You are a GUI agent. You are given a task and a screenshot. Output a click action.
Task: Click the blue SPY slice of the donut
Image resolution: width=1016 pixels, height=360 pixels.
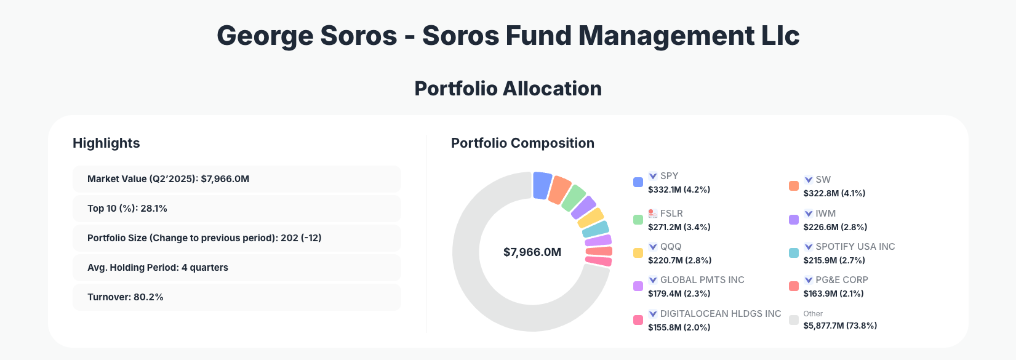(x=542, y=185)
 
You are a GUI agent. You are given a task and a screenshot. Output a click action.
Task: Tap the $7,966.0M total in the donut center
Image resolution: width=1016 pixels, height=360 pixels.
(x=532, y=252)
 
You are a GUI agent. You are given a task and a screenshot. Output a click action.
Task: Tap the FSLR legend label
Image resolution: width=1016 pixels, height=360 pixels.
(x=671, y=214)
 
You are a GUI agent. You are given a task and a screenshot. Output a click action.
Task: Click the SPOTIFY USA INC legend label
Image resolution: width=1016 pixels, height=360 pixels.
(x=855, y=247)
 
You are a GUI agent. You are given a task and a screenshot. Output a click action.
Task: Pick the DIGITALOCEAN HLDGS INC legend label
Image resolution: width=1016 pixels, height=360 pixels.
(x=720, y=314)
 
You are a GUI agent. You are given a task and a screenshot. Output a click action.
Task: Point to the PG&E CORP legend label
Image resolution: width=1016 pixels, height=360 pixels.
(x=841, y=280)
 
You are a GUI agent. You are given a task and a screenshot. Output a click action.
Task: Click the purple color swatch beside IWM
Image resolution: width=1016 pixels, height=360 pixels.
(x=794, y=220)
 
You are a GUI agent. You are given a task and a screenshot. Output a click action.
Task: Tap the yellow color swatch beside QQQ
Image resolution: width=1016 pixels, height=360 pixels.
(x=638, y=253)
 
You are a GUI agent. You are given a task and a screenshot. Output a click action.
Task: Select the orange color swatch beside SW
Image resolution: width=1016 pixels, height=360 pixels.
(x=794, y=186)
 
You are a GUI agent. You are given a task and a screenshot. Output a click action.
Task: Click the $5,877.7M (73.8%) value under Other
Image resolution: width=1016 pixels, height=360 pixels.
(x=840, y=326)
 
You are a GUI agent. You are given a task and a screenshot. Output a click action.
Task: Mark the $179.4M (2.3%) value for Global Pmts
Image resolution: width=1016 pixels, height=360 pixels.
(x=679, y=294)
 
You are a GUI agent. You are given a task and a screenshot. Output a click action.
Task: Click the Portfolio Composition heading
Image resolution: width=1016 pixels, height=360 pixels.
(x=522, y=143)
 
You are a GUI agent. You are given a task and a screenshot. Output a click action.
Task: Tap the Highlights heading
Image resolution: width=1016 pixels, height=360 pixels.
(x=106, y=143)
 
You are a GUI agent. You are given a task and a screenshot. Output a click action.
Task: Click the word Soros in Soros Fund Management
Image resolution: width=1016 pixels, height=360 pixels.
(x=460, y=36)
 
